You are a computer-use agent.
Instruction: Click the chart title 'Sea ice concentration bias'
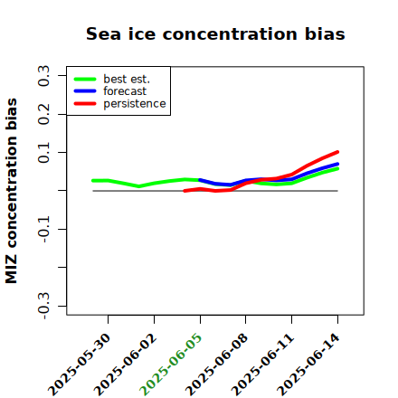pyautogui.click(x=215, y=33)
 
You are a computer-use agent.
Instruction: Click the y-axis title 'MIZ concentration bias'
pyautogui.click(x=12, y=191)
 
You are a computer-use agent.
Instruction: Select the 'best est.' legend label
pyautogui.click(x=127, y=79)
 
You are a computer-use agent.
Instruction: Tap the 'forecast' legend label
pyautogui.click(x=125, y=91)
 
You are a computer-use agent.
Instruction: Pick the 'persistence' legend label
pyautogui.click(x=135, y=104)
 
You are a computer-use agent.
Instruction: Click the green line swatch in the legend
pyautogui.click(x=85, y=80)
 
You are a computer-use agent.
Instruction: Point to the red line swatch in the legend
pyautogui.click(x=85, y=104)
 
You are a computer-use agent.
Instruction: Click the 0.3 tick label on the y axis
pyautogui.click(x=43, y=76)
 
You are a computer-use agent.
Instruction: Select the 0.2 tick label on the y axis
pyautogui.click(x=43, y=114)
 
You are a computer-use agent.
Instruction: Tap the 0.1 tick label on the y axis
pyautogui.click(x=43, y=153)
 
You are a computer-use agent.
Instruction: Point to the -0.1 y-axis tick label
pyautogui.click(x=43, y=230)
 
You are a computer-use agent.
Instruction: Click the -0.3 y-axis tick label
pyautogui.click(x=43, y=306)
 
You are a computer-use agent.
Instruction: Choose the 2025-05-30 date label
pyautogui.click(x=79, y=365)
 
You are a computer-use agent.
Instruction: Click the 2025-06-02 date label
pyautogui.click(x=125, y=365)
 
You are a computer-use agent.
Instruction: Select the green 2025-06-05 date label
pyautogui.click(x=171, y=365)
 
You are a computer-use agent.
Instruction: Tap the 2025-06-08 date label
pyautogui.click(x=216, y=365)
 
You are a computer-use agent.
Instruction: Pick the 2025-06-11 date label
pyautogui.click(x=262, y=365)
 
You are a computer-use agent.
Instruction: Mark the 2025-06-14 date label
pyautogui.click(x=308, y=365)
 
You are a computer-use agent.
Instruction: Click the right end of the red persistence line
pyautogui.click(x=337, y=152)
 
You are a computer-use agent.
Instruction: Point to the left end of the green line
pyautogui.click(x=93, y=181)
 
